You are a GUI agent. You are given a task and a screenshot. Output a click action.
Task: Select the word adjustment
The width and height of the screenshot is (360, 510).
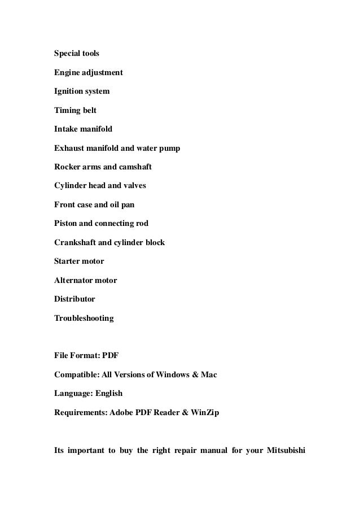tap(102, 73)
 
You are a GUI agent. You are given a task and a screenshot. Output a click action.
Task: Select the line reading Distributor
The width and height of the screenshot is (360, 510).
tap(74, 299)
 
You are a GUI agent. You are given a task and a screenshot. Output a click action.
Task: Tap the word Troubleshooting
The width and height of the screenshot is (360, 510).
tap(84, 319)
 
